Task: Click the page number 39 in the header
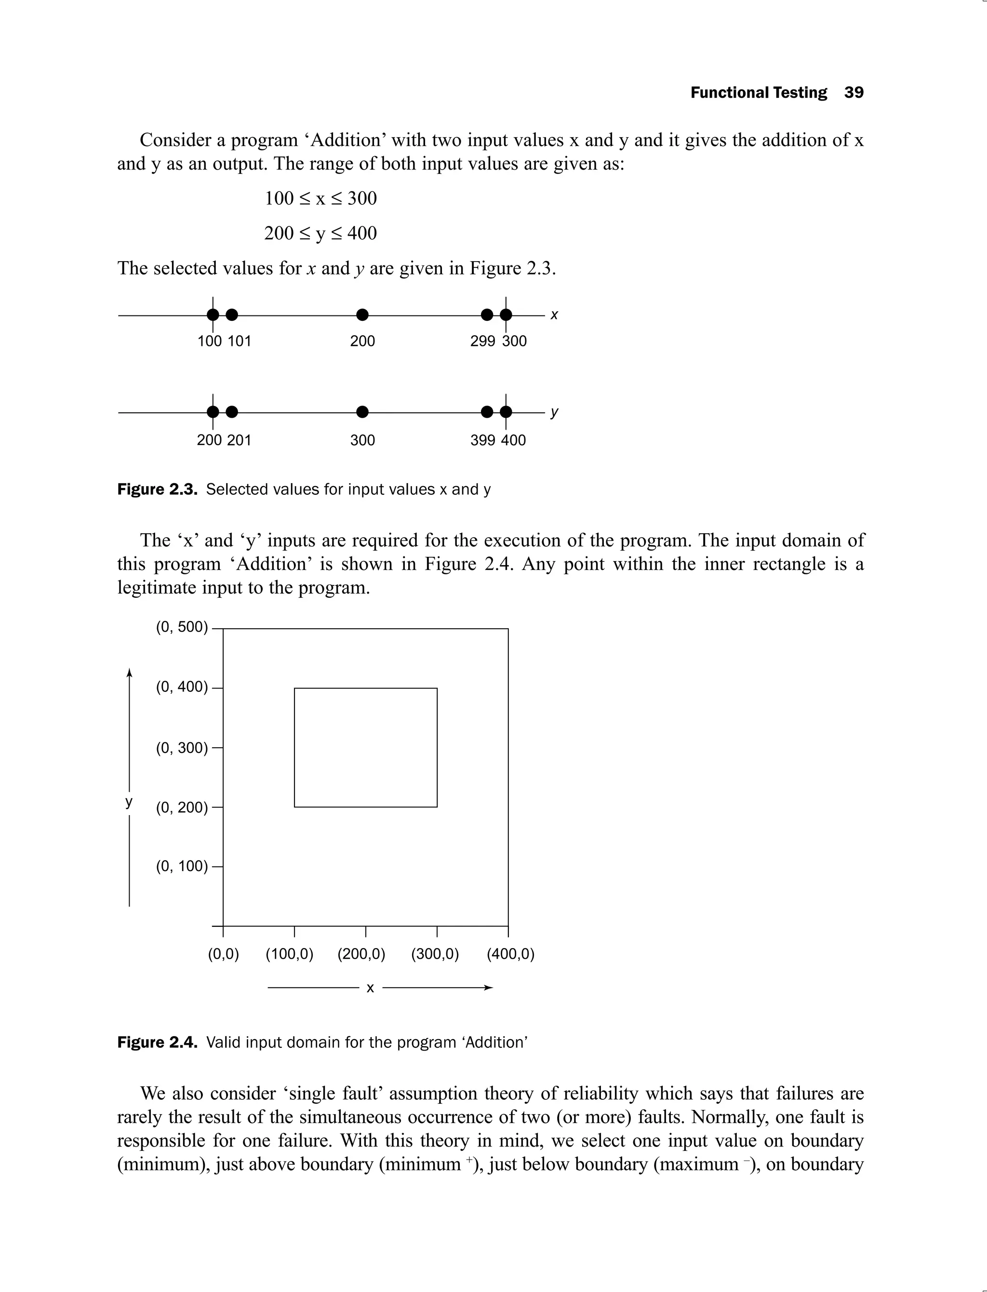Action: click(854, 93)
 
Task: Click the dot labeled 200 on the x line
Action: click(362, 315)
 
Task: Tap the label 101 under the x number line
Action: click(239, 341)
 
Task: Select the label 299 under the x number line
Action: click(482, 341)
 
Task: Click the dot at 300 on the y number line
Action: click(362, 412)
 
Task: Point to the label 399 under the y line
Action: click(482, 440)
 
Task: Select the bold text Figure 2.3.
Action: click(157, 489)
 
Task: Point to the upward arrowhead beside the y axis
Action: click(129, 673)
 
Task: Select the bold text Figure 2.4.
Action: click(157, 1042)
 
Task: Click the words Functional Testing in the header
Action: click(758, 93)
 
